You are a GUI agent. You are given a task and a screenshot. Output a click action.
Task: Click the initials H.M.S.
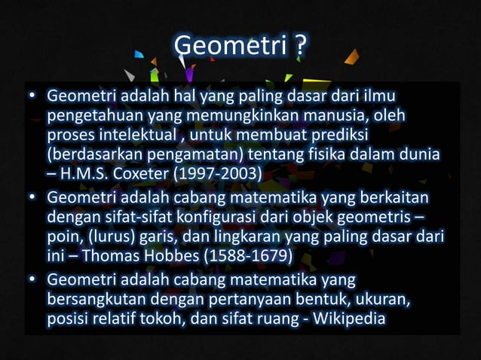pos(81,176)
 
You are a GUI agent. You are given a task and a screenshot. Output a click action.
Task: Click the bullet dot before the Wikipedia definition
pos(32,281)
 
